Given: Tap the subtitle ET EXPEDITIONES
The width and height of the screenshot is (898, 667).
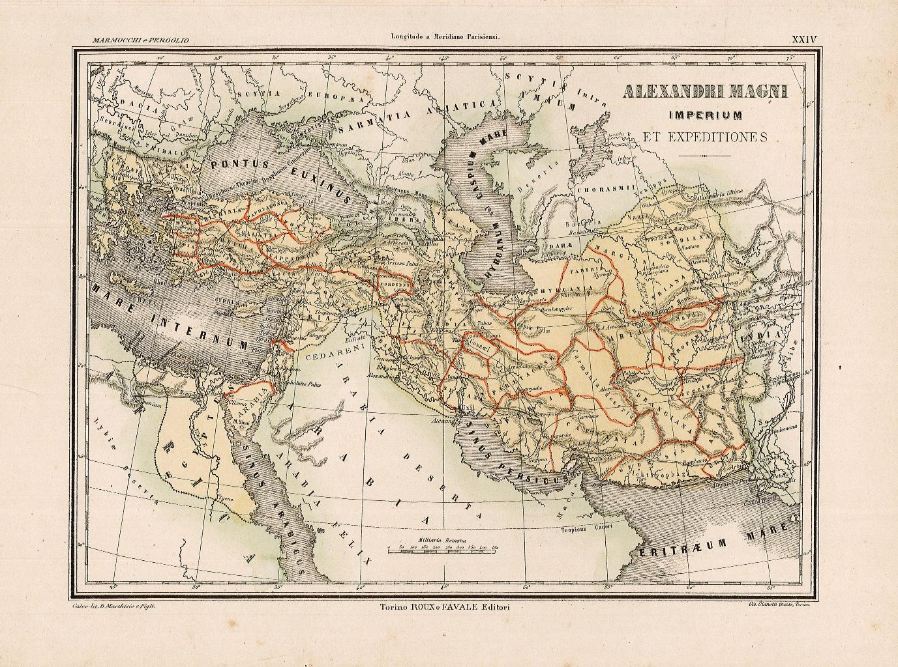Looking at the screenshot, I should click(x=704, y=137).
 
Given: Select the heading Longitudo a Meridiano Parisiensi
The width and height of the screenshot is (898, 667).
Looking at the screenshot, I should click(x=444, y=38).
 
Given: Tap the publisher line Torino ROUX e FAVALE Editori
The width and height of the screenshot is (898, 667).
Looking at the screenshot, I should click(x=445, y=606).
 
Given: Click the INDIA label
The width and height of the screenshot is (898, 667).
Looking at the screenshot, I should click(x=766, y=336).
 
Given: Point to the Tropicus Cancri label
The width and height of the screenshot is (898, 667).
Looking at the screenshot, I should click(x=586, y=529).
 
